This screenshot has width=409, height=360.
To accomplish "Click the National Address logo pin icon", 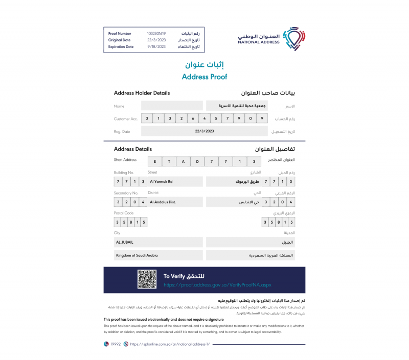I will coord(293,38).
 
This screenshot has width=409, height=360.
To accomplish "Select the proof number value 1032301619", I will coord(156,34).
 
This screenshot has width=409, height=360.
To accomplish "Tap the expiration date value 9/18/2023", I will coord(156,47).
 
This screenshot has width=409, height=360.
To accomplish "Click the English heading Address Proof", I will coord(204,77).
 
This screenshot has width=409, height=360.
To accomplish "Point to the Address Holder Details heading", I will coord(142,93).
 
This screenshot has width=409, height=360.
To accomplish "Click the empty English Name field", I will coord(172,106).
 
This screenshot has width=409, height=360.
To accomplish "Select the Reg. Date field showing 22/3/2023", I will coord(204,131).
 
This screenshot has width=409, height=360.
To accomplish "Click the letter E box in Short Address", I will coord(155,161).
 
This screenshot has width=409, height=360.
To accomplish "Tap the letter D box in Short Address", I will coord(197,161).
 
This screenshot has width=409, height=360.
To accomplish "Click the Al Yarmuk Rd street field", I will coord(175,182).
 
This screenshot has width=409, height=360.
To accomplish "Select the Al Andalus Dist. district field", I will coord(175,202).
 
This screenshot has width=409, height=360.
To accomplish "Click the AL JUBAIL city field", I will coord(158,242).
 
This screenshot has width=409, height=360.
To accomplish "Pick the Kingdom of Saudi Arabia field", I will coord(158,255).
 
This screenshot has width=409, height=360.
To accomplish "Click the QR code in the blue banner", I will coord(147,280).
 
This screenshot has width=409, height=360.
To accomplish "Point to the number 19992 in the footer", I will coord(115,344).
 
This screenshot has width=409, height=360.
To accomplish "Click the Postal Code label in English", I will coord(124,213).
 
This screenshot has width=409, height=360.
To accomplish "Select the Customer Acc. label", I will coord(126,119).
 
